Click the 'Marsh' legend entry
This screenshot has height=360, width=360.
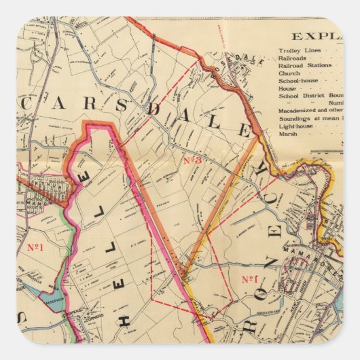[x=288, y=134]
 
